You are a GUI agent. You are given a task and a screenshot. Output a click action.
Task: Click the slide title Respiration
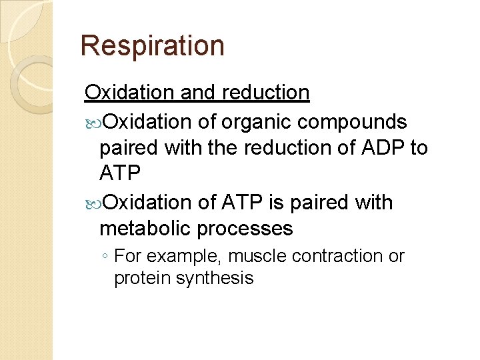tap(152, 46)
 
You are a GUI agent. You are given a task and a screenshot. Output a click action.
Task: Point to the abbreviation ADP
tap(373, 148)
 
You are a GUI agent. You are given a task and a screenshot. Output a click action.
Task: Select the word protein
tap(143, 278)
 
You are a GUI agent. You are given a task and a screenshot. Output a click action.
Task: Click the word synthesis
tap(215, 278)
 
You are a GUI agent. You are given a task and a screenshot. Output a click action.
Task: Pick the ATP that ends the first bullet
tap(120, 174)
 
